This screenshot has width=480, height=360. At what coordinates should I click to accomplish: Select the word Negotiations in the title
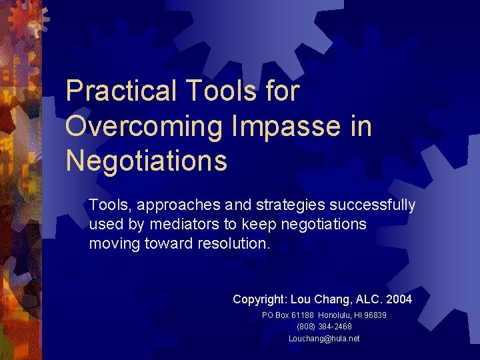coord(147,161)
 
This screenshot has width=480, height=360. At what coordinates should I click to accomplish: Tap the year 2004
coord(398,299)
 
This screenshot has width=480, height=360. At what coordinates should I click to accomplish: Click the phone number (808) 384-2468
coord(324,327)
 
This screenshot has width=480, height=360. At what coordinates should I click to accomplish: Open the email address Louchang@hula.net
coord(324,339)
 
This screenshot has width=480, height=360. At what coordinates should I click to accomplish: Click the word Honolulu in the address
coord(335,315)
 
